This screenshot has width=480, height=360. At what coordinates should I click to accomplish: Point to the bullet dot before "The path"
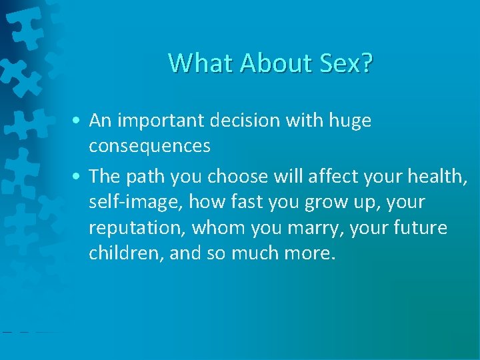79,177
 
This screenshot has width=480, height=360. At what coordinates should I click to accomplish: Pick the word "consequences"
149,146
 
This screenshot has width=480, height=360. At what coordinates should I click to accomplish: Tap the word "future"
419,228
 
